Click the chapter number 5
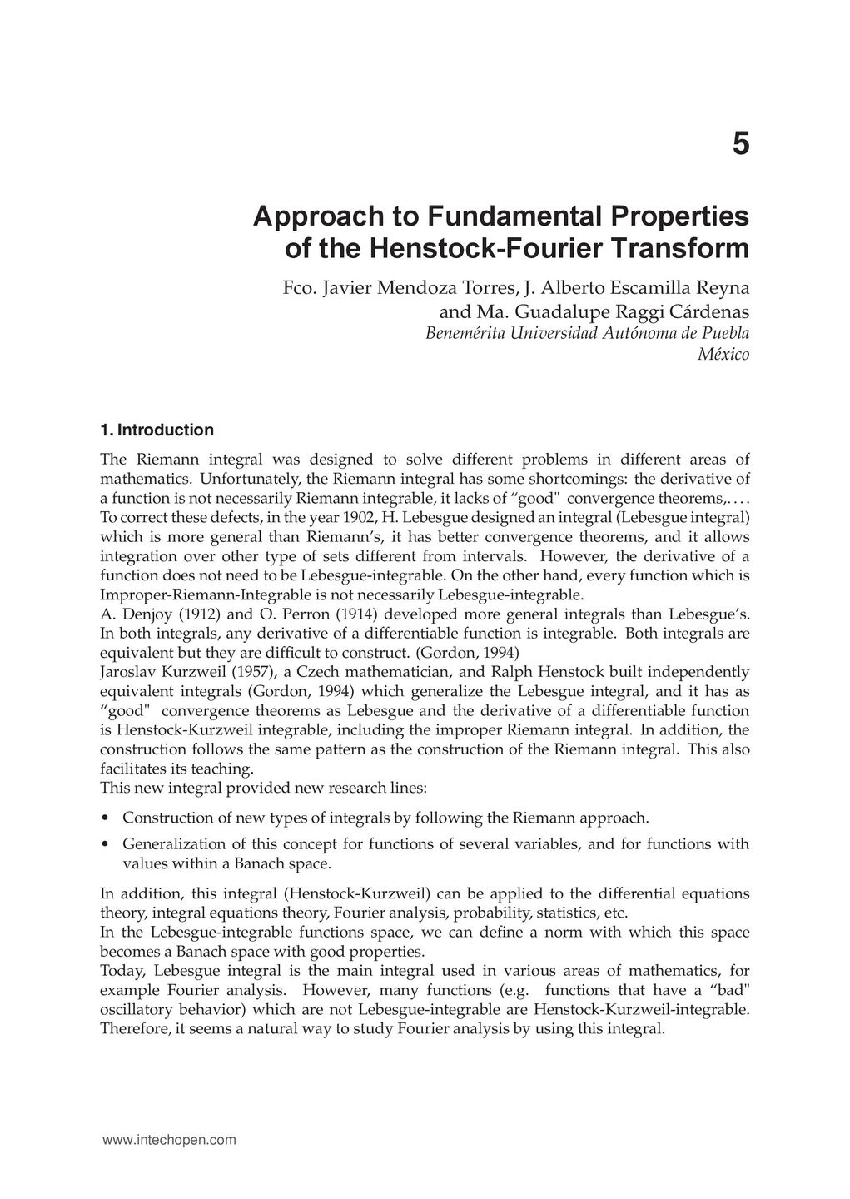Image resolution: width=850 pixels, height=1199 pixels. [740, 145]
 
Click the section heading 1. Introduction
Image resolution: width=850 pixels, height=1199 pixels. [157, 430]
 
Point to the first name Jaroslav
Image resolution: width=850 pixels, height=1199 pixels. [133, 672]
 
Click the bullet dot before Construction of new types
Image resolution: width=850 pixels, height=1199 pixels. [103, 818]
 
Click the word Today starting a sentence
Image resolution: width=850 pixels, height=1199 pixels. [123, 971]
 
